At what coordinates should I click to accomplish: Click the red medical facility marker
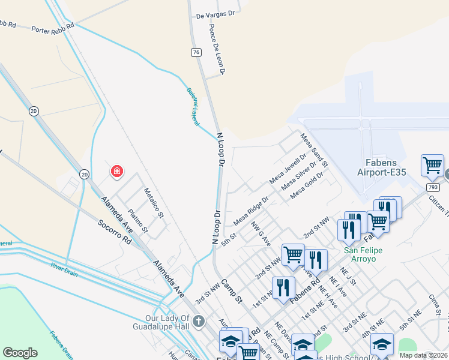116,172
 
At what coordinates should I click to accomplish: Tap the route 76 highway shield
196,52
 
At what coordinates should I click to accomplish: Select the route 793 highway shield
433,187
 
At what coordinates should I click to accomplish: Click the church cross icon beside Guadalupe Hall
199,323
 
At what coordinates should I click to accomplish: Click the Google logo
20,352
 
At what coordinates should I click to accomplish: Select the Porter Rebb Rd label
53,27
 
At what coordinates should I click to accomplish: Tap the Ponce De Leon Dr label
217,50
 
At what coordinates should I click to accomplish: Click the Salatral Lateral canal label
192,106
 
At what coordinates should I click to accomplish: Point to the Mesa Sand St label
315,151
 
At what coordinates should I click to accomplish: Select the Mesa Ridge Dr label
250,212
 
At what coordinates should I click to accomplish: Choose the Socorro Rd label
115,231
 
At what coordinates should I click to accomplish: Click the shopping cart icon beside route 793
432,164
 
